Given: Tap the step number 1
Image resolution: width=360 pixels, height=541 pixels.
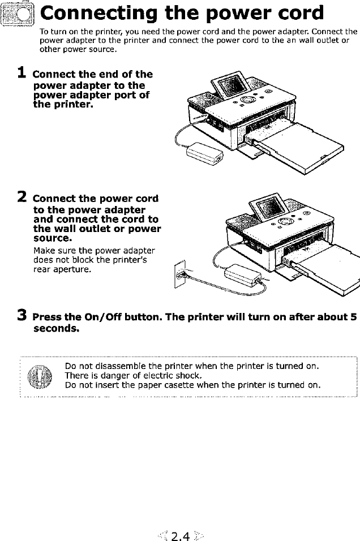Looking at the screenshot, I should (x=22, y=73).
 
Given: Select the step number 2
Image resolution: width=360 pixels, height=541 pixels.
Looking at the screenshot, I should (x=22, y=197).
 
